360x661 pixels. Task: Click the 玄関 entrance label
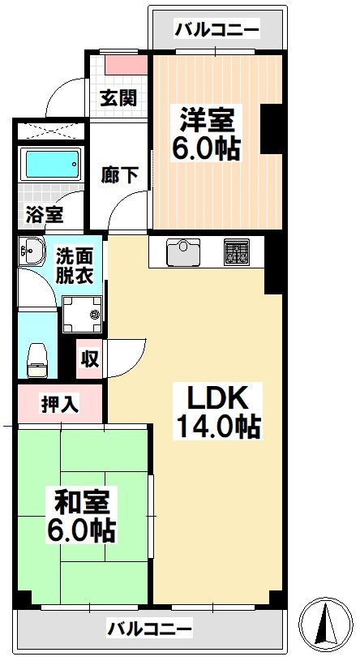[118, 98]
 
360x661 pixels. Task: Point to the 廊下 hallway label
[118, 174]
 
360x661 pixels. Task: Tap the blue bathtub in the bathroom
[53, 165]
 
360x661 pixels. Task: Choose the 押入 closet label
[60, 403]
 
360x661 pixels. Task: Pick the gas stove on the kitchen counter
[236, 252]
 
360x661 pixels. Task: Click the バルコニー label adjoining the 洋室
[217, 30]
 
